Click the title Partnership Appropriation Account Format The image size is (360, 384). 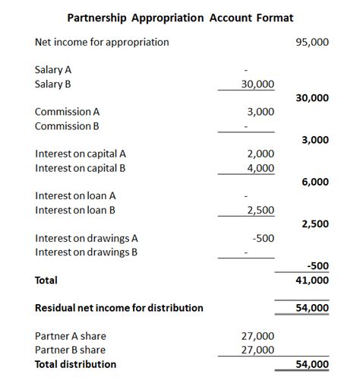click(x=180, y=17)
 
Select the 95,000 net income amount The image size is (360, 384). click(x=312, y=42)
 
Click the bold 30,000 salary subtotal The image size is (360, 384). click(x=312, y=98)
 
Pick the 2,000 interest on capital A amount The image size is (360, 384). click(x=261, y=154)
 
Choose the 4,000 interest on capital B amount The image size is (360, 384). click(x=261, y=168)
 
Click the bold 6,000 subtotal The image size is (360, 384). click(x=315, y=182)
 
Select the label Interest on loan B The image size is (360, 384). click(x=80, y=210)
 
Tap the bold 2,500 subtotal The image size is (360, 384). click(x=315, y=224)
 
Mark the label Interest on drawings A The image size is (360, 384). click(x=86, y=238)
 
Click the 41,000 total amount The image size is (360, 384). click(x=312, y=280)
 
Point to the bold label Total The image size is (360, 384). click(x=46, y=281)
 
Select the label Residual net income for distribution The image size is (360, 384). click(x=119, y=308)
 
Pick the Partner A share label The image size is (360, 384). click(x=71, y=335)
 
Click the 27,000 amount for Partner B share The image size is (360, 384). click(x=257, y=350)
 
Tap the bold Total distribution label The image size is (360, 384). click(x=76, y=364)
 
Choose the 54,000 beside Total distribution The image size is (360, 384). click(x=312, y=364)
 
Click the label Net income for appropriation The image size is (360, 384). click(x=102, y=42)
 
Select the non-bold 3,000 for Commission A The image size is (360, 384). click(x=261, y=112)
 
